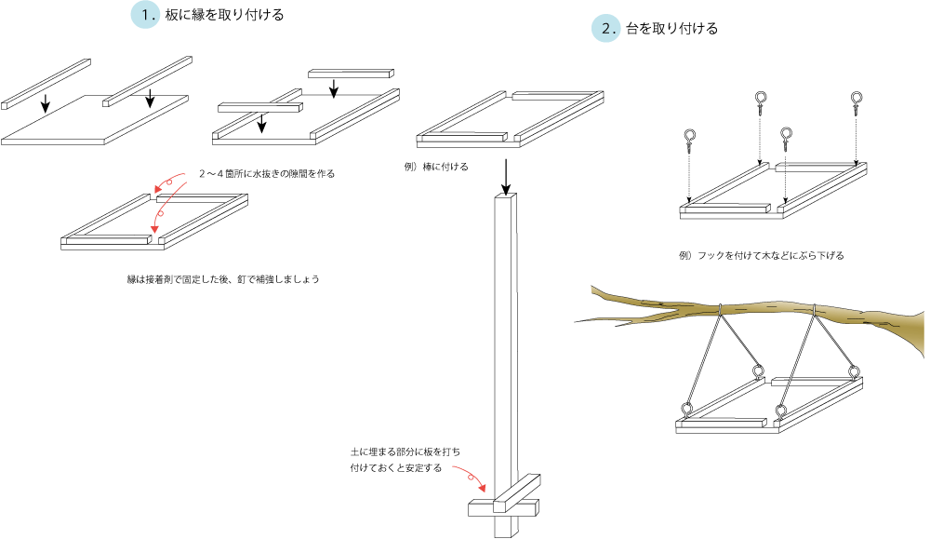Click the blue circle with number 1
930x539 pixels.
145,16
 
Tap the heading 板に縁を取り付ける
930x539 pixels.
223,16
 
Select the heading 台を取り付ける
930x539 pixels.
671,29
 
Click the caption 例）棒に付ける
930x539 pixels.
436,167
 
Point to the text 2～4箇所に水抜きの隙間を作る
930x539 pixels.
266,174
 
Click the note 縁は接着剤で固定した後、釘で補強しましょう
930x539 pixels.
221,278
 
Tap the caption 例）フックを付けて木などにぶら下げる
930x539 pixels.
763,254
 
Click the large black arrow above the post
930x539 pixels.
505,177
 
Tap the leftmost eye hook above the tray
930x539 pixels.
689,141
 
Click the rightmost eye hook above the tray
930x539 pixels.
857,101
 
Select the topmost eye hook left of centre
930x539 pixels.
761,101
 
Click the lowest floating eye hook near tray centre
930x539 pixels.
787,140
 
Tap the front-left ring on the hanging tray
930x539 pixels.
688,408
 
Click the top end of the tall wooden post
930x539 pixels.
504,198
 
